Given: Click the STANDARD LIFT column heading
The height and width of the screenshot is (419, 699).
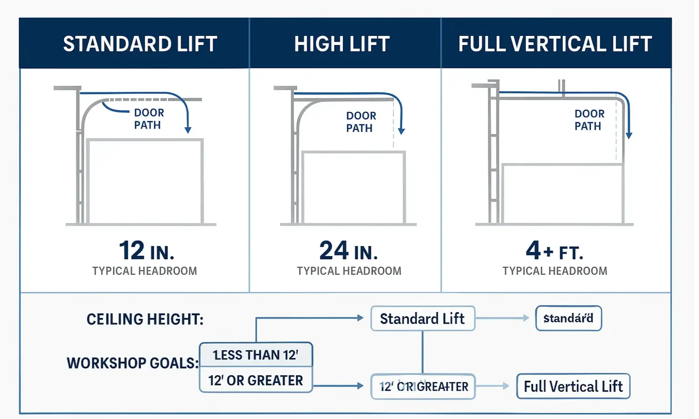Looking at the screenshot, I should click(x=140, y=44).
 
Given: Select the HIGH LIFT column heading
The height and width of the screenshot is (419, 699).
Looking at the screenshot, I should click(x=342, y=44).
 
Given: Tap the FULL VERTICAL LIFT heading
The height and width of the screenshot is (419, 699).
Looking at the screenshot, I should click(x=555, y=44).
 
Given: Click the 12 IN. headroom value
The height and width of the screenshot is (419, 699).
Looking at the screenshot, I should click(x=146, y=251).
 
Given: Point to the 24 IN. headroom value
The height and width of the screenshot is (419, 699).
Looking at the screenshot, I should click(x=349, y=251).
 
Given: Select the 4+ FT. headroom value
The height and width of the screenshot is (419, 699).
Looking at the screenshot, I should click(x=554, y=251).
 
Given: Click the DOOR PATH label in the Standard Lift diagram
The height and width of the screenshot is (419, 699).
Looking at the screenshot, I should click(x=149, y=119).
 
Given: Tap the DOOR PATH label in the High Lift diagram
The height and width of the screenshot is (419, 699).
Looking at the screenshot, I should click(x=361, y=122).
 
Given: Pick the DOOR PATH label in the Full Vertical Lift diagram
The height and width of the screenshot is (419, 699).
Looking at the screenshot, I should click(x=589, y=120).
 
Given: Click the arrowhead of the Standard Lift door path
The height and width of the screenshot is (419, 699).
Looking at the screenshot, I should click(x=188, y=130).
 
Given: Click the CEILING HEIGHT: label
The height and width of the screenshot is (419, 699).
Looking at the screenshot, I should click(x=145, y=319).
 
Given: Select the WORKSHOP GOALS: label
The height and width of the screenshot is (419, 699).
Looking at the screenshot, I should click(x=132, y=363).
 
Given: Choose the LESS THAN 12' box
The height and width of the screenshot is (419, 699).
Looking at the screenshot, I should click(x=256, y=355).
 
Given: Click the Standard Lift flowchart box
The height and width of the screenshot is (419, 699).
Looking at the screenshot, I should click(x=422, y=318).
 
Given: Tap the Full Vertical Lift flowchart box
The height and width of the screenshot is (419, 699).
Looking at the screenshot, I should click(x=573, y=387).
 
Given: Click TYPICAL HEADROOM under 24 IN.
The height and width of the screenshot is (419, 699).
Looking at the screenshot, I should click(x=349, y=271).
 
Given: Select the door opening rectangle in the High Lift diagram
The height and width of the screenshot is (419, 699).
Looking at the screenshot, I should click(x=354, y=188).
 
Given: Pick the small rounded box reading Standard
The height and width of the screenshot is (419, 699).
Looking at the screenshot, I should click(x=568, y=318).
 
